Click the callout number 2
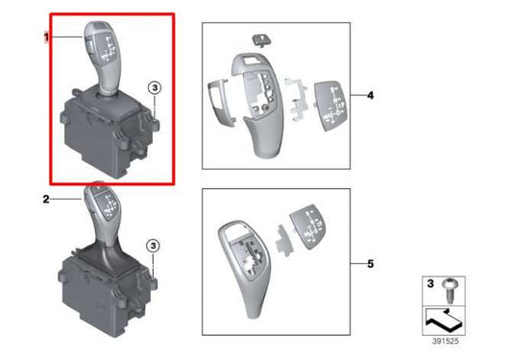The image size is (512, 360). tap(45, 199)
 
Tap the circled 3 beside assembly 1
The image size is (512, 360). tap(155, 89)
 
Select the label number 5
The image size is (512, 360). tap(371, 261)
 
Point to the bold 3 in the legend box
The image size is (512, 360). tap(428, 285)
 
